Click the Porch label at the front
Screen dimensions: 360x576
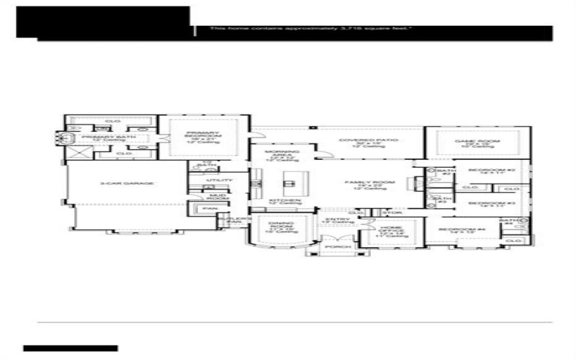coord(335,247)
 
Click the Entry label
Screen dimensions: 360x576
coord(336,221)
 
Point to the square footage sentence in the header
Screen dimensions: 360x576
coord(310,29)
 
